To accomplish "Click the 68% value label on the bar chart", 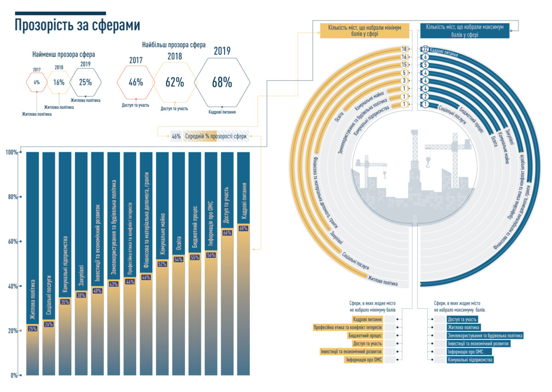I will click(243, 228).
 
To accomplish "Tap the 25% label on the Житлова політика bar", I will click(33, 329).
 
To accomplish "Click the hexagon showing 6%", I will click(36, 82).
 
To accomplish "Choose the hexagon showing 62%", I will click(175, 83).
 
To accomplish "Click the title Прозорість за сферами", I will click(77, 25).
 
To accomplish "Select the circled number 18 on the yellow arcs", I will click(404, 49).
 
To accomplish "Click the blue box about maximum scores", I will click(465, 31).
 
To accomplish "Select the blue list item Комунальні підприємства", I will click(470, 360).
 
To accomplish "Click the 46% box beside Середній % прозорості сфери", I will click(176, 136).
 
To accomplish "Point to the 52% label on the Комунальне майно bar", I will click(162, 264).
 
